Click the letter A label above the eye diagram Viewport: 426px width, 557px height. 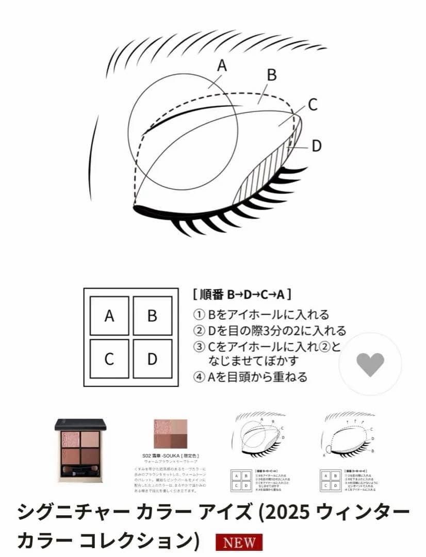(x=222, y=65)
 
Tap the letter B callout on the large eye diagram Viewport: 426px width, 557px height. (x=271, y=75)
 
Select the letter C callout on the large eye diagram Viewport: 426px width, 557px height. (x=312, y=104)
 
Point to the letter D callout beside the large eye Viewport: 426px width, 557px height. (x=316, y=146)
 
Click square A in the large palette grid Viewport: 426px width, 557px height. (x=109, y=316)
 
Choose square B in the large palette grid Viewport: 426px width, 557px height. (x=152, y=316)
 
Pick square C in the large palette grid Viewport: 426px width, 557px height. (x=109, y=358)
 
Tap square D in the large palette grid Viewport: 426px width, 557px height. (x=152, y=358)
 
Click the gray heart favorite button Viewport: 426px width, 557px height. (x=370, y=364)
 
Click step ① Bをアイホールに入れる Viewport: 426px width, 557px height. (x=261, y=315)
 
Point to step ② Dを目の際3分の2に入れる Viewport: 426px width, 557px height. (x=269, y=331)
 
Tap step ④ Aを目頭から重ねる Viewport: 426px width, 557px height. (x=250, y=377)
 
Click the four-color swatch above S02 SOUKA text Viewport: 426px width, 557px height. (x=171, y=434)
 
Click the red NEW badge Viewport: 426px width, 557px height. (x=239, y=543)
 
